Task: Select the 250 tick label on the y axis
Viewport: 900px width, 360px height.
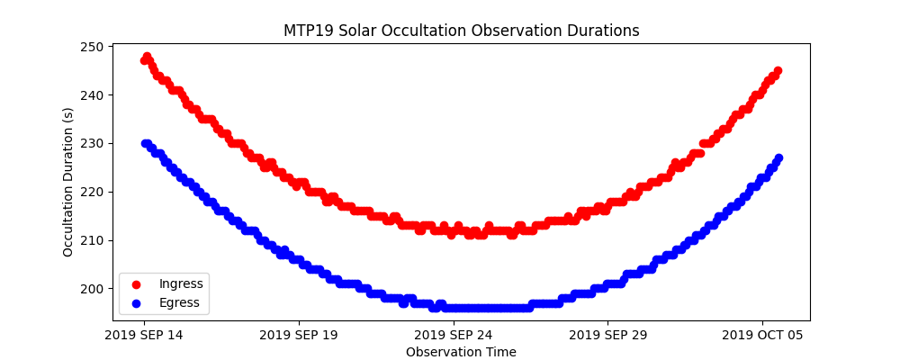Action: pos(94,46)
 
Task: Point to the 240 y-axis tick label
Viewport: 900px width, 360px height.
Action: pos(94,94)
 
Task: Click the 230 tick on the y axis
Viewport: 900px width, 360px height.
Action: pos(94,143)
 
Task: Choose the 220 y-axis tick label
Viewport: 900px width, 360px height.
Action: pos(94,192)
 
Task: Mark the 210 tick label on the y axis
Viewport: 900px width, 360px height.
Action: pos(94,240)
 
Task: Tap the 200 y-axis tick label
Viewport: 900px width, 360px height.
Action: pos(94,289)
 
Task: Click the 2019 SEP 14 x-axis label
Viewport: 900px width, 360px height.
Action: pos(144,335)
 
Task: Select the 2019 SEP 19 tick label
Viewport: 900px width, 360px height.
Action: pos(299,335)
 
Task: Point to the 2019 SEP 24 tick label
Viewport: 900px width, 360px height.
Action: pos(454,335)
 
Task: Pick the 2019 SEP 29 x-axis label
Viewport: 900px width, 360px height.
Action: pos(607,335)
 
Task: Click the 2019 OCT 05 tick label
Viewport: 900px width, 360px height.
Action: pos(762,335)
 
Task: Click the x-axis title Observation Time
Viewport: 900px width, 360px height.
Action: pos(461,352)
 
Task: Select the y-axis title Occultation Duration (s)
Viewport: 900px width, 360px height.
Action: pos(68,182)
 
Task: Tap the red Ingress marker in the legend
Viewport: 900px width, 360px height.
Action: pos(136,284)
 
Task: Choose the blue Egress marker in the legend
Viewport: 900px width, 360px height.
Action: pos(136,303)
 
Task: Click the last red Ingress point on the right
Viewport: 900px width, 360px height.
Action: pos(778,70)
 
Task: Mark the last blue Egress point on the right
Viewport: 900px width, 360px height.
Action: pos(778,158)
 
